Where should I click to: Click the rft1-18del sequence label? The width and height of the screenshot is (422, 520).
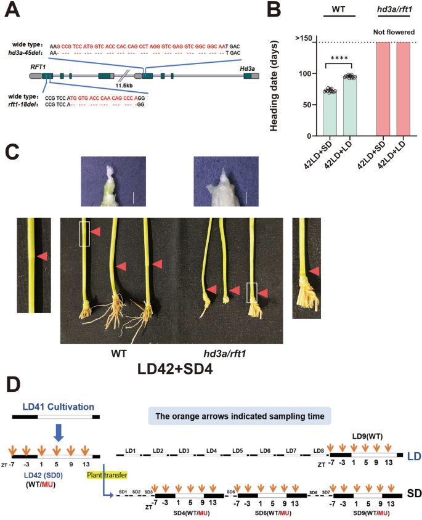25,104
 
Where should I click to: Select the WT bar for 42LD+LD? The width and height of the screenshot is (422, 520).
350,105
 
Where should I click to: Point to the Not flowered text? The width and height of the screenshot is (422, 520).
392,33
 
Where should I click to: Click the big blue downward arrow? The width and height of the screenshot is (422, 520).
59,434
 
